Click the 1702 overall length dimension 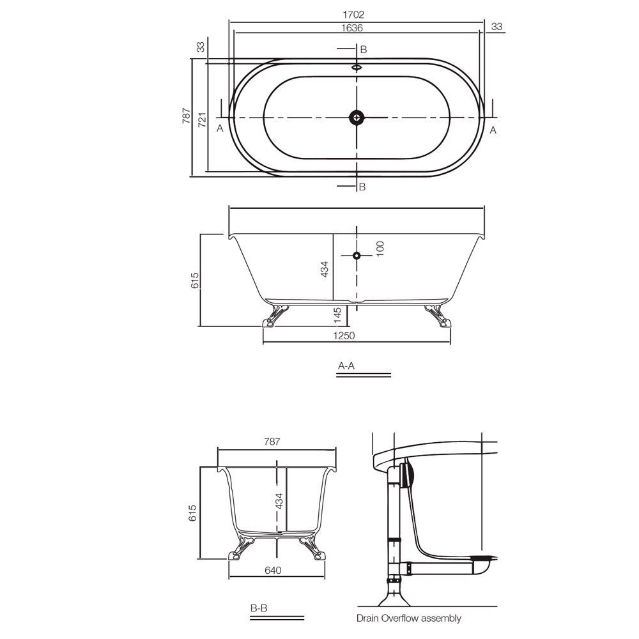click(x=357, y=14)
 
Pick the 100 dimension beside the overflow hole click(x=380, y=248)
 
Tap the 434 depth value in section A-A click(x=324, y=269)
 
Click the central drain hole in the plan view click(x=357, y=117)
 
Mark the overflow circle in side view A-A click(x=357, y=256)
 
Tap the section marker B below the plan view click(x=362, y=187)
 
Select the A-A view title click(x=346, y=366)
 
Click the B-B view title click(x=259, y=609)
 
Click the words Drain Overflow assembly click(x=408, y=618)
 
